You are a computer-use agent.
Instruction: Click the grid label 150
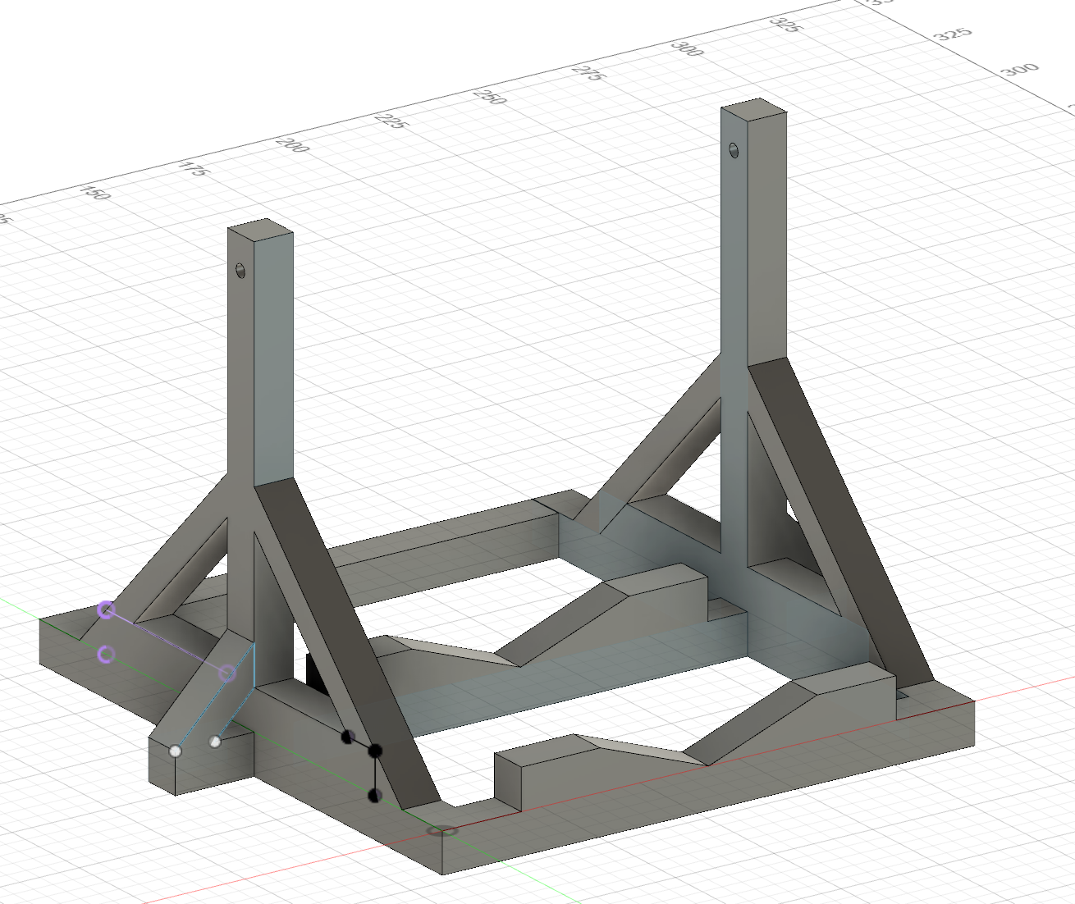point(96,193)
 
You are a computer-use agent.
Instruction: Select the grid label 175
point(193,169)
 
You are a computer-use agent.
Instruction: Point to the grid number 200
point(292,144)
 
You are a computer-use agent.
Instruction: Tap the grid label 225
point(391,121)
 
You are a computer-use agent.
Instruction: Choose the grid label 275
point(588,72)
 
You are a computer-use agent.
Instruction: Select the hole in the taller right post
point(734,150)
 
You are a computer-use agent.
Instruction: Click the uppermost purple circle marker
point(106,610)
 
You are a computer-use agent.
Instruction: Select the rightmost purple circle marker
point(228,673)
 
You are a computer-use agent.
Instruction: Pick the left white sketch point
point(175,751)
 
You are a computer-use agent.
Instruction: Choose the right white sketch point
point(215,742)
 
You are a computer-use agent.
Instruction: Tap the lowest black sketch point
point(374,794)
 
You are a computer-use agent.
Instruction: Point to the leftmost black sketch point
point(347,737)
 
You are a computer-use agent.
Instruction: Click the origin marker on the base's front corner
point(444,831)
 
